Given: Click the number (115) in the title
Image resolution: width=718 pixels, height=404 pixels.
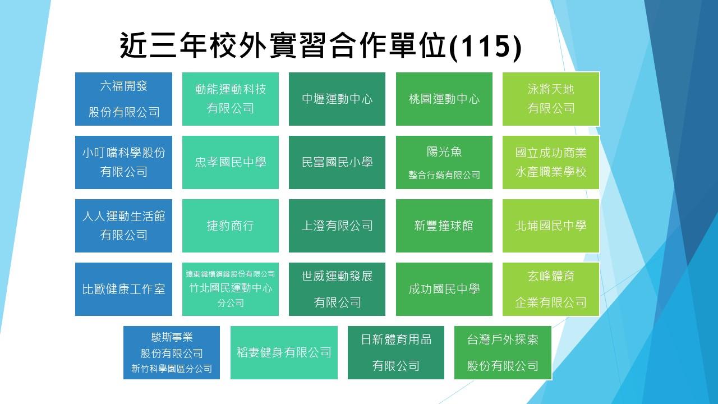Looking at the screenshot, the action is [x=485, y=47].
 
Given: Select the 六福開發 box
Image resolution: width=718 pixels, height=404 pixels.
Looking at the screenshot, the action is [x=123, y=99].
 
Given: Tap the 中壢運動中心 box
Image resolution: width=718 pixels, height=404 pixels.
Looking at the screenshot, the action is [x=337, y=99].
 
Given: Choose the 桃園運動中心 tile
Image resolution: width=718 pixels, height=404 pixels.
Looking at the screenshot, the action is [x=444, y=99].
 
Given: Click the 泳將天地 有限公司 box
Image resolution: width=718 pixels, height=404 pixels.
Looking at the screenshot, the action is [x=551, y=99].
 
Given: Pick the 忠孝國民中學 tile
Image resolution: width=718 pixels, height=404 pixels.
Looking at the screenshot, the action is [x=230, y=162].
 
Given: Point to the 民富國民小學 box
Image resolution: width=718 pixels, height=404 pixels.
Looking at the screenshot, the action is [x=337, y=162].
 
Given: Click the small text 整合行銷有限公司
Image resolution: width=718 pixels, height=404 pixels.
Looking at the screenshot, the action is [x=444, y=175].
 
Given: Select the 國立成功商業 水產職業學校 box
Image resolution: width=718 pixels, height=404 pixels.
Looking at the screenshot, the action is [x=551, y=162].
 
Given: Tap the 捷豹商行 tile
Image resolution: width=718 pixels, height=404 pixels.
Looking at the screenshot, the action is [x=230, y=226].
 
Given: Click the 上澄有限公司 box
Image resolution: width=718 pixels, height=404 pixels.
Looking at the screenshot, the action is [x=337, y=226].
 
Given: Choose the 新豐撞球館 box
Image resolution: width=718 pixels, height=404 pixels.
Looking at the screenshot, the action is [x=444, y=226].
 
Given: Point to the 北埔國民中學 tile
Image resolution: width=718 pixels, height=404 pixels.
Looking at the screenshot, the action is [x=551, y=226].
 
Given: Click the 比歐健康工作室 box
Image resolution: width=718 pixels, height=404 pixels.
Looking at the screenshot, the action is [x=123, y=289].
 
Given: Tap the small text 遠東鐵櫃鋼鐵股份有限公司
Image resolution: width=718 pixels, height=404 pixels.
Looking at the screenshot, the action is [x=230, y=274].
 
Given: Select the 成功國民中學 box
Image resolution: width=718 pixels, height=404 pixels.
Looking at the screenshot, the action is [x=444, y=289].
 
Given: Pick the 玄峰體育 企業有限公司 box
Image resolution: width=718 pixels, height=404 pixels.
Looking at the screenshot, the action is [x=551, y=289].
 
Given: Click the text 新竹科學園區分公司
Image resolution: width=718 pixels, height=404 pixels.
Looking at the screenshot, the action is [x=172, y=369].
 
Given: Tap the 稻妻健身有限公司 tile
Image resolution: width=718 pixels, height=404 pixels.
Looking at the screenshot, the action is [x=284, y=353].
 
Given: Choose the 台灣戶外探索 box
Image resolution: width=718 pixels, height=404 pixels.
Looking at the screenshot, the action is [x=503, y=353].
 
